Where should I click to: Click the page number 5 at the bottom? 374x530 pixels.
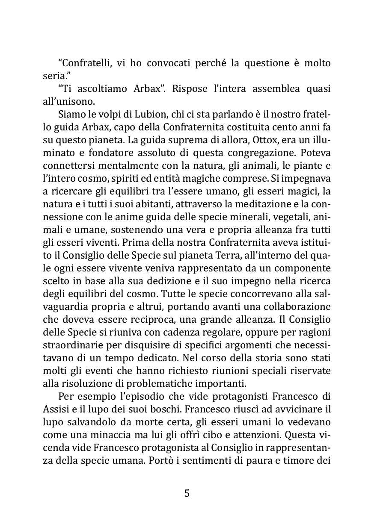coord(187,493)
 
